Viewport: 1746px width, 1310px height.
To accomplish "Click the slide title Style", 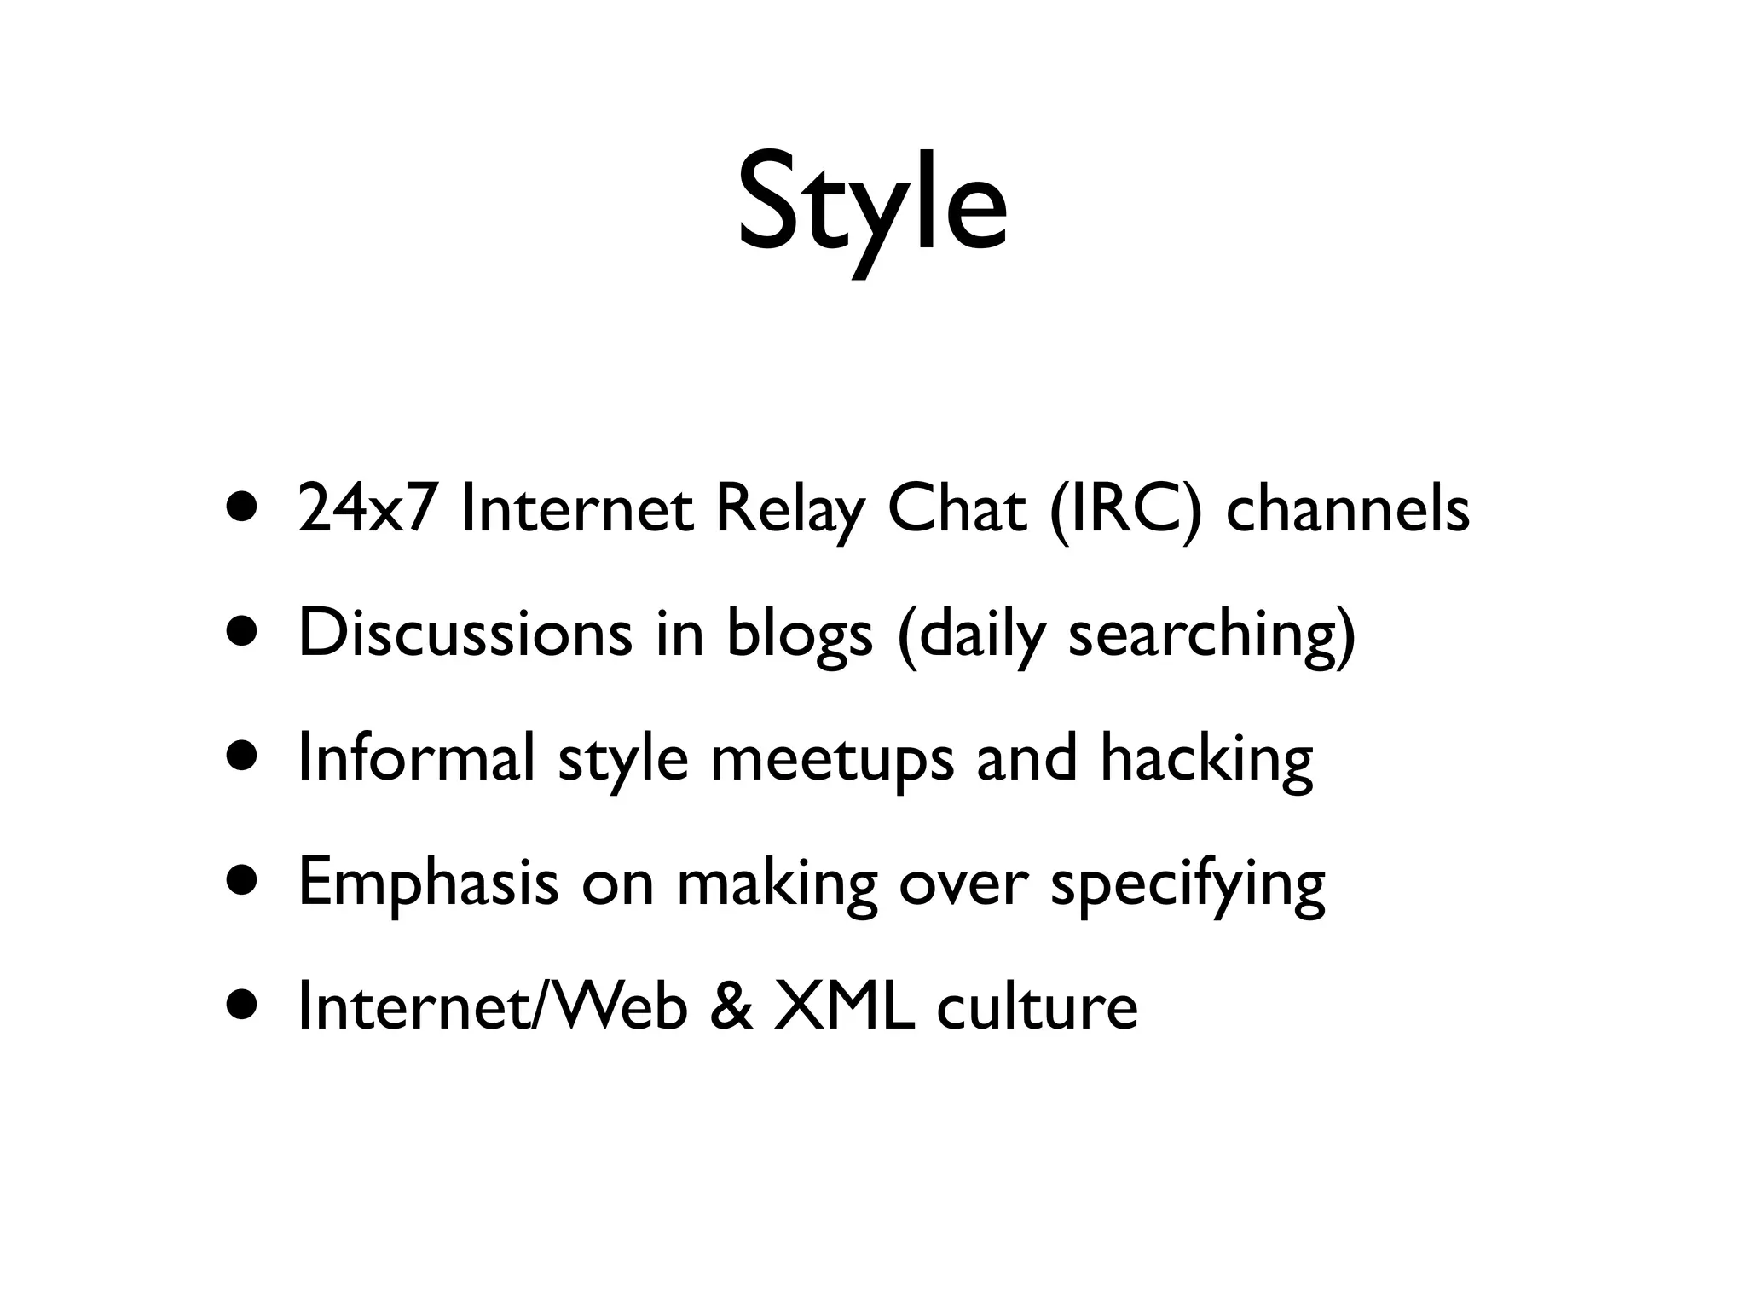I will pos(872,205).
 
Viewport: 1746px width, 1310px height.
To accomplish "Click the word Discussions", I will pos(465,634).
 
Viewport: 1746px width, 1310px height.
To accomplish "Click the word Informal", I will pos(417,757).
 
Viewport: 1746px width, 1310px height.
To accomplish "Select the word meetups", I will pos(832,759).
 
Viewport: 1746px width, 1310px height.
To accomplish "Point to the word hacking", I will pos(1206,759).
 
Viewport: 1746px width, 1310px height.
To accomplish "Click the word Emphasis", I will pos(429,884).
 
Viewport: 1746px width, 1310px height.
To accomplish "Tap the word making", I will pos(777,884).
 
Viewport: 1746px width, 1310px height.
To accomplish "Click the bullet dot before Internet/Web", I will pos(241,1005).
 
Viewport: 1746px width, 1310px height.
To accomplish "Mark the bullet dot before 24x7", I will pos(241,508).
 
